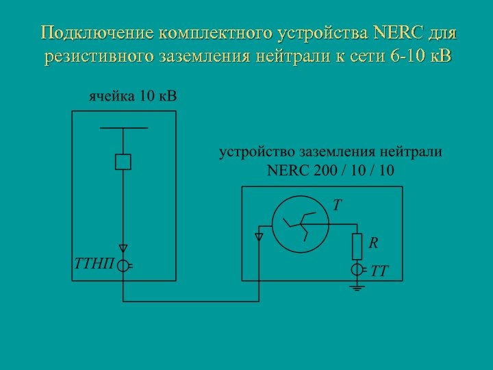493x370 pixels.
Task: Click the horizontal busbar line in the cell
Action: (x=123, y=128)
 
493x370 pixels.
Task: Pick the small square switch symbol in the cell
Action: (x=123, y=162)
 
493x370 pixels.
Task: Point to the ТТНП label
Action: (x=93, y=264)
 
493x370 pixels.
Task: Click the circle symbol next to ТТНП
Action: (x=123, y=266)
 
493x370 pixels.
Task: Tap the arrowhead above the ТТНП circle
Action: (x=123, y=249)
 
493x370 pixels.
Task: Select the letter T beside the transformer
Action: (x=337, y=205)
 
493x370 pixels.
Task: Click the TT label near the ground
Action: (x=379, y=271)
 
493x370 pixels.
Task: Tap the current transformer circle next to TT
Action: (x=357, y=270)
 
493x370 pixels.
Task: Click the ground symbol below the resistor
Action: (x=357, y=288)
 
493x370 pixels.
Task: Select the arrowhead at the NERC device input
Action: (x=259, y=237)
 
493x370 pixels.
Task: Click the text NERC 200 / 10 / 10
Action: (x=330, y=170)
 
